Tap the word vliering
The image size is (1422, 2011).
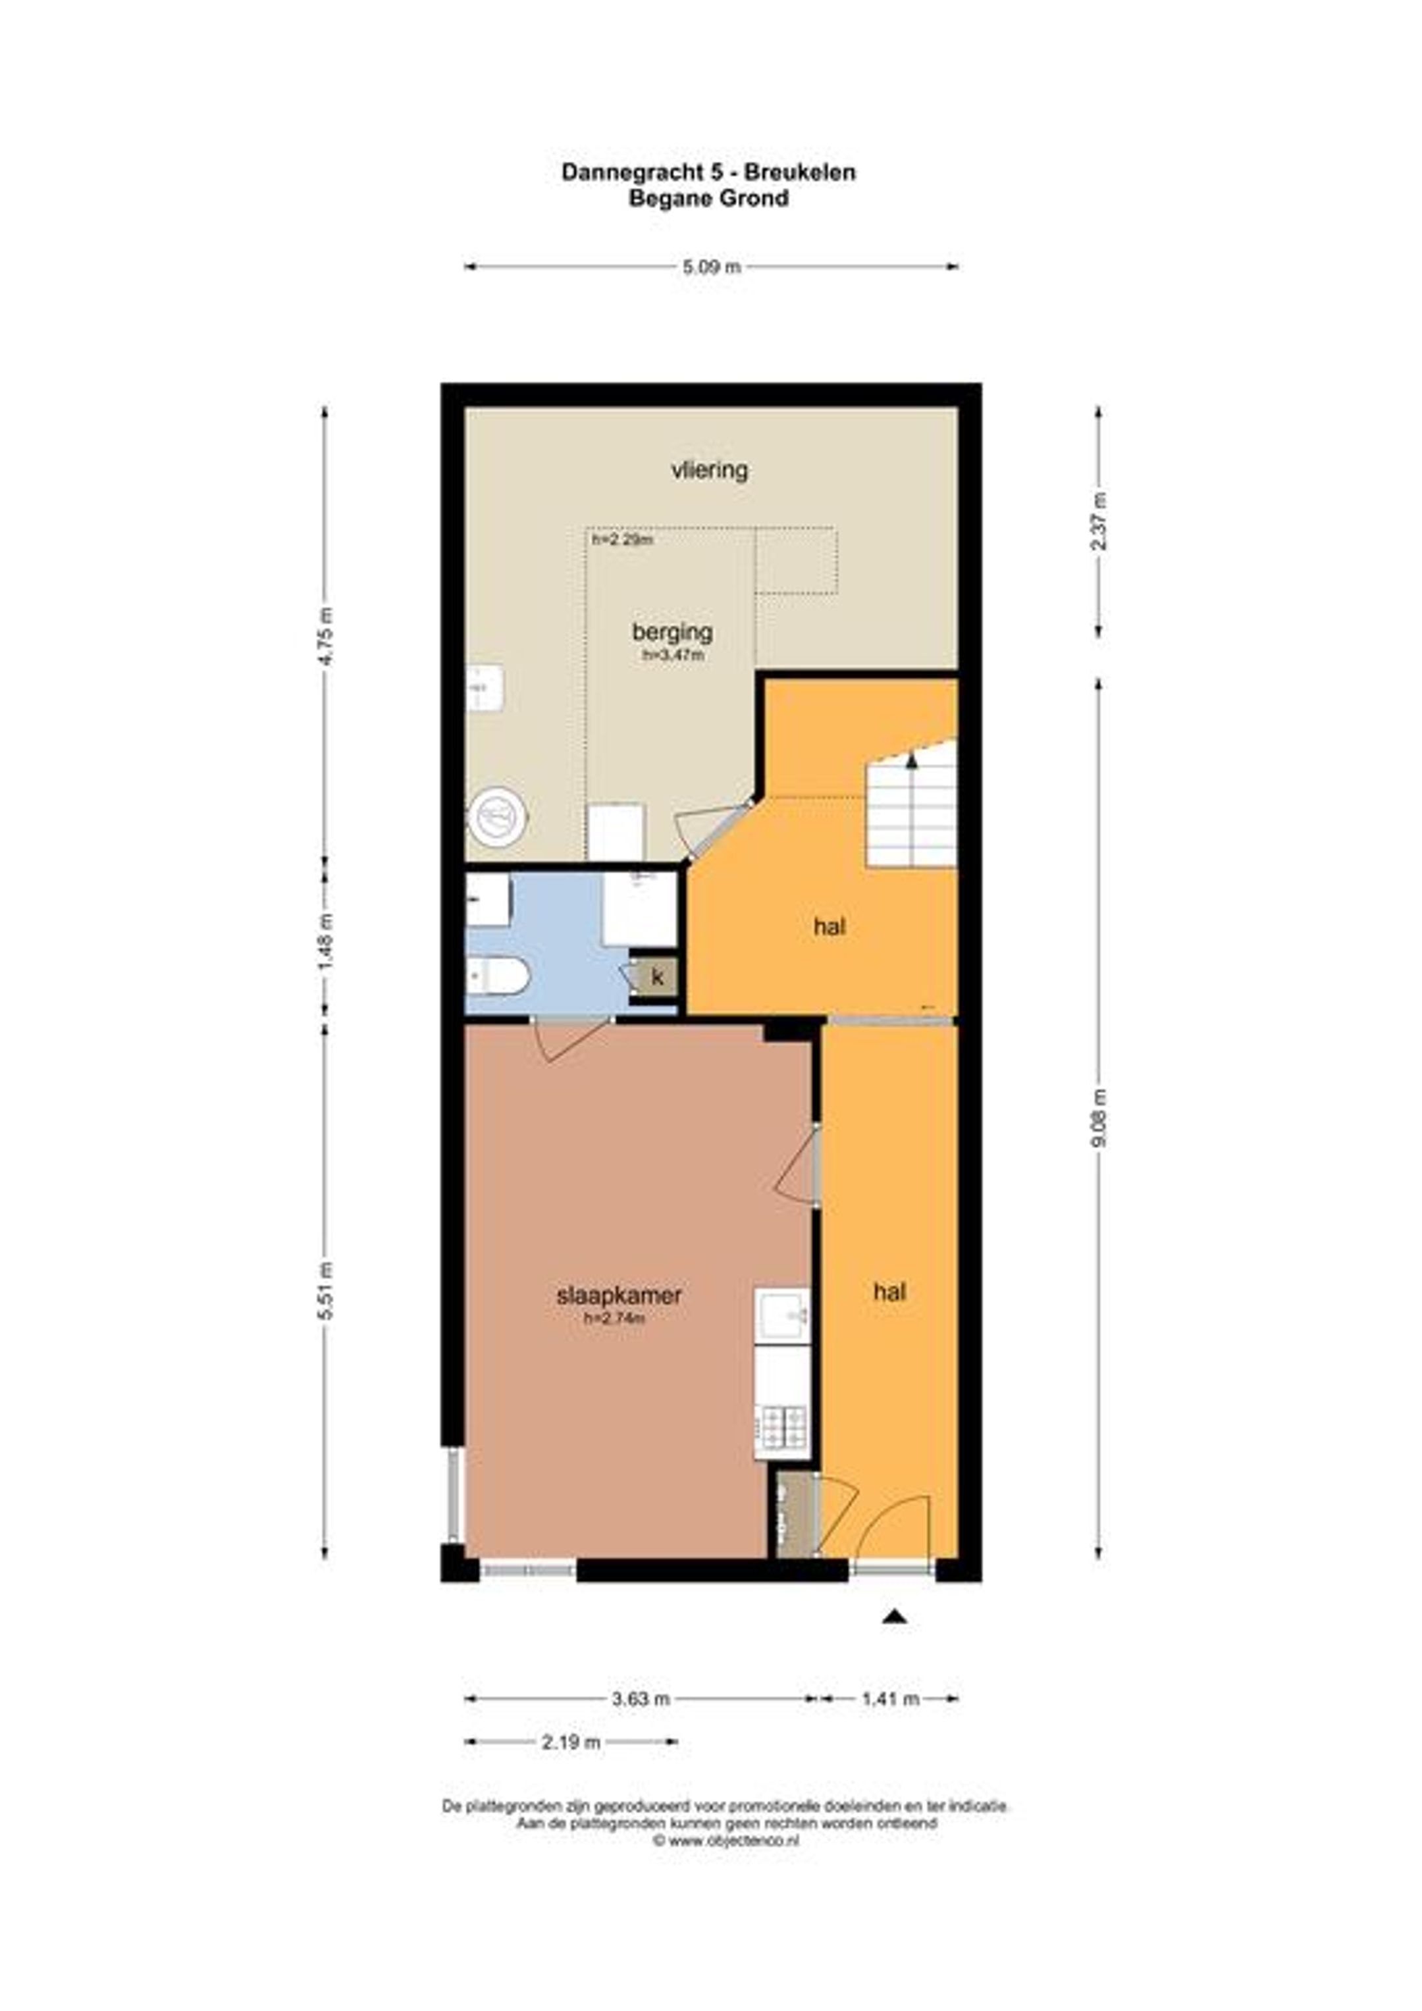pos(710,471)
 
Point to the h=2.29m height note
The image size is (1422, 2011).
pos(622,540)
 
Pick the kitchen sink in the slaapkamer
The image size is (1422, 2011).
pos(782,1315)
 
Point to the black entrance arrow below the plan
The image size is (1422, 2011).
pos(893,1616)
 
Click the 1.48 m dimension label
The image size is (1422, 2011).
pos(326,941)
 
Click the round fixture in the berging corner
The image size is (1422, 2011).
pos(498,817)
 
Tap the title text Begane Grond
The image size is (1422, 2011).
pos(709,199)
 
